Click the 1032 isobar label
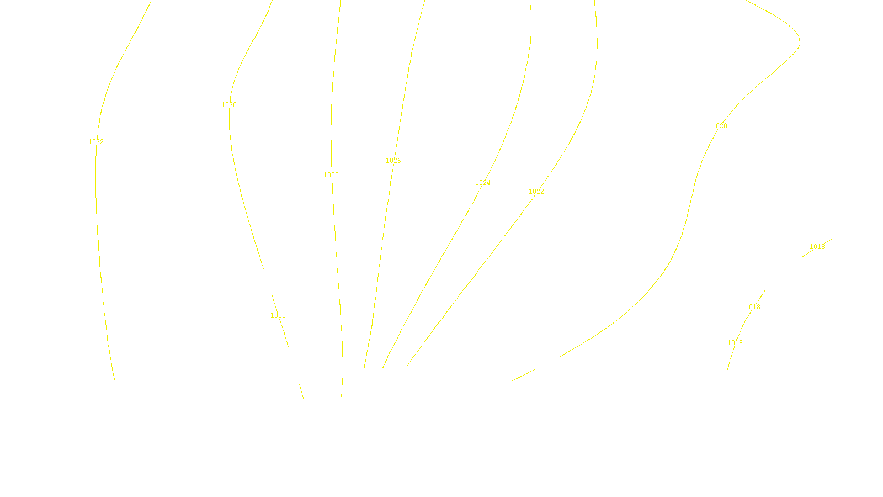point(96,142)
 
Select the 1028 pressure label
point(331,175)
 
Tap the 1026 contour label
point(393,161)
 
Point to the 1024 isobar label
point(483,183)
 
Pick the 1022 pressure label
point(536,192)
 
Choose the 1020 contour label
point(720,126)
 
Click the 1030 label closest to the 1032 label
point(229,105)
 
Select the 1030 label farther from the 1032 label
point(278,315)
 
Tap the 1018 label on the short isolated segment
point(817,247)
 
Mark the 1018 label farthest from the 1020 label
point(735,343)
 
